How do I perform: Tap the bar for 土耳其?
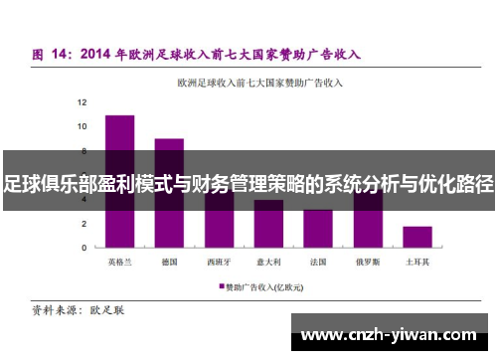tap(417, 237)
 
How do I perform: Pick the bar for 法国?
tap(318, 229)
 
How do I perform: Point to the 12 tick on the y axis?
tap(83, 102)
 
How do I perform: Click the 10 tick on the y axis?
tap(83, 126)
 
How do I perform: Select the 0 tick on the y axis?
tap(84, 248)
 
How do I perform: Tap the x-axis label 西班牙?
tap(219, 263)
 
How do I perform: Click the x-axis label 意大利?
tap(268, 263)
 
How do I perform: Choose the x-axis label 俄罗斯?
tap(368, 263)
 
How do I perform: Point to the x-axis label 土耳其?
tap(417, 263)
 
